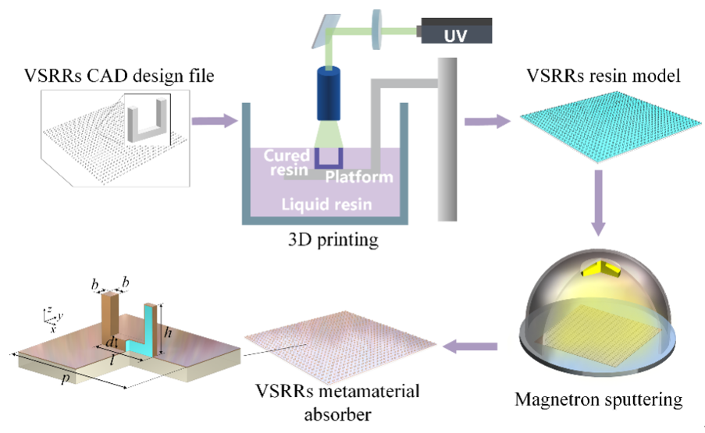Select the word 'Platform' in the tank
click(x=359, y=177)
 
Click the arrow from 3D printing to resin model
click(x=486, y=121)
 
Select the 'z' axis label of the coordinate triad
click(x=48, y=311)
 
